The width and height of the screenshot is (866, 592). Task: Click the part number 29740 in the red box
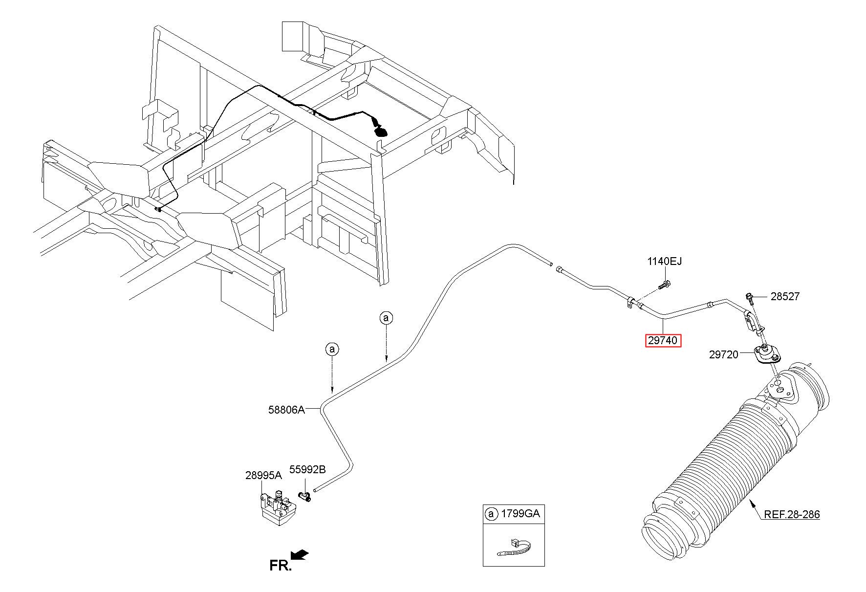[663, 340]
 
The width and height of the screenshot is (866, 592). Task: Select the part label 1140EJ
[664, 262]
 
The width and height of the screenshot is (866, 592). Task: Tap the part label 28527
[785, 296]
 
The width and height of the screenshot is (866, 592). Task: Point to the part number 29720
[723, 355]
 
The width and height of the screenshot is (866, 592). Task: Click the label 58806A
[286, 410]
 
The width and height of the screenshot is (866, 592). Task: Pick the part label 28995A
[263, 475]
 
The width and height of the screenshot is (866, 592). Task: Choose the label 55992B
[307, 470]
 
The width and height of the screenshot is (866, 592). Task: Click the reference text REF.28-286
[792, 514]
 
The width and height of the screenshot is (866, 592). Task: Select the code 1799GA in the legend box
[520, 514]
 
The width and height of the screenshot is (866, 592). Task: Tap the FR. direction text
[281, 566]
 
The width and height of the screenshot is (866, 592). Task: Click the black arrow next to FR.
[300, 554]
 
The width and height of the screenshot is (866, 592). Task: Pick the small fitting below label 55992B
[305, 497]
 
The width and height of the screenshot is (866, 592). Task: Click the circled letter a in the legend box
[491, 514]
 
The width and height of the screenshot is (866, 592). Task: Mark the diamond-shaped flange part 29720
[765, 354]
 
